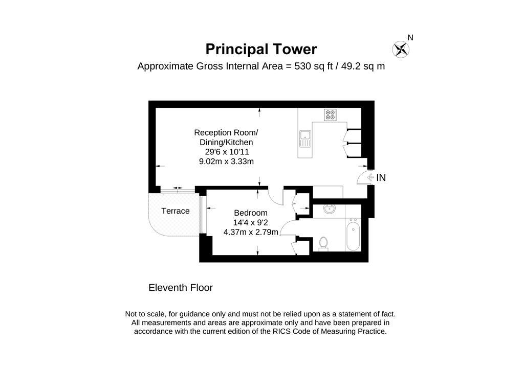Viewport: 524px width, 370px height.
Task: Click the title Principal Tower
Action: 261,49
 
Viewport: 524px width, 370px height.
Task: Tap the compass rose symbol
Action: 400,50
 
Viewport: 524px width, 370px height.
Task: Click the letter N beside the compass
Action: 410,37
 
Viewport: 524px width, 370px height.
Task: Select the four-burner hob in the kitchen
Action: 330,115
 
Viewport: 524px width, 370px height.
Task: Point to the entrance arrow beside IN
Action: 366,178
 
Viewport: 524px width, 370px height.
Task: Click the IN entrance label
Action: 381,178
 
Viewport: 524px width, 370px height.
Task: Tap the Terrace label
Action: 176,211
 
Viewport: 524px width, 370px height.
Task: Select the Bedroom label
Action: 251,213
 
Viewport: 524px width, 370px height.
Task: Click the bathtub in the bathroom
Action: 353,236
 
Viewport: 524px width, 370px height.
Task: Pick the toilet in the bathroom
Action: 323,243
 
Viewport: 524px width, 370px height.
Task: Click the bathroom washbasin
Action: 329,210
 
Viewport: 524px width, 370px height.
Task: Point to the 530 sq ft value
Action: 314,66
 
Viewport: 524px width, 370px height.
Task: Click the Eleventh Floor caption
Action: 181,288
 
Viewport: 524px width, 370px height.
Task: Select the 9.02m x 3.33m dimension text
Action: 226,161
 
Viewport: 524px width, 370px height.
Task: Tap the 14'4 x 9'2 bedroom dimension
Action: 251,223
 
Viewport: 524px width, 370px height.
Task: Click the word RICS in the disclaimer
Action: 290,331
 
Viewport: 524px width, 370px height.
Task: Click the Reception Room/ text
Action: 223,132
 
